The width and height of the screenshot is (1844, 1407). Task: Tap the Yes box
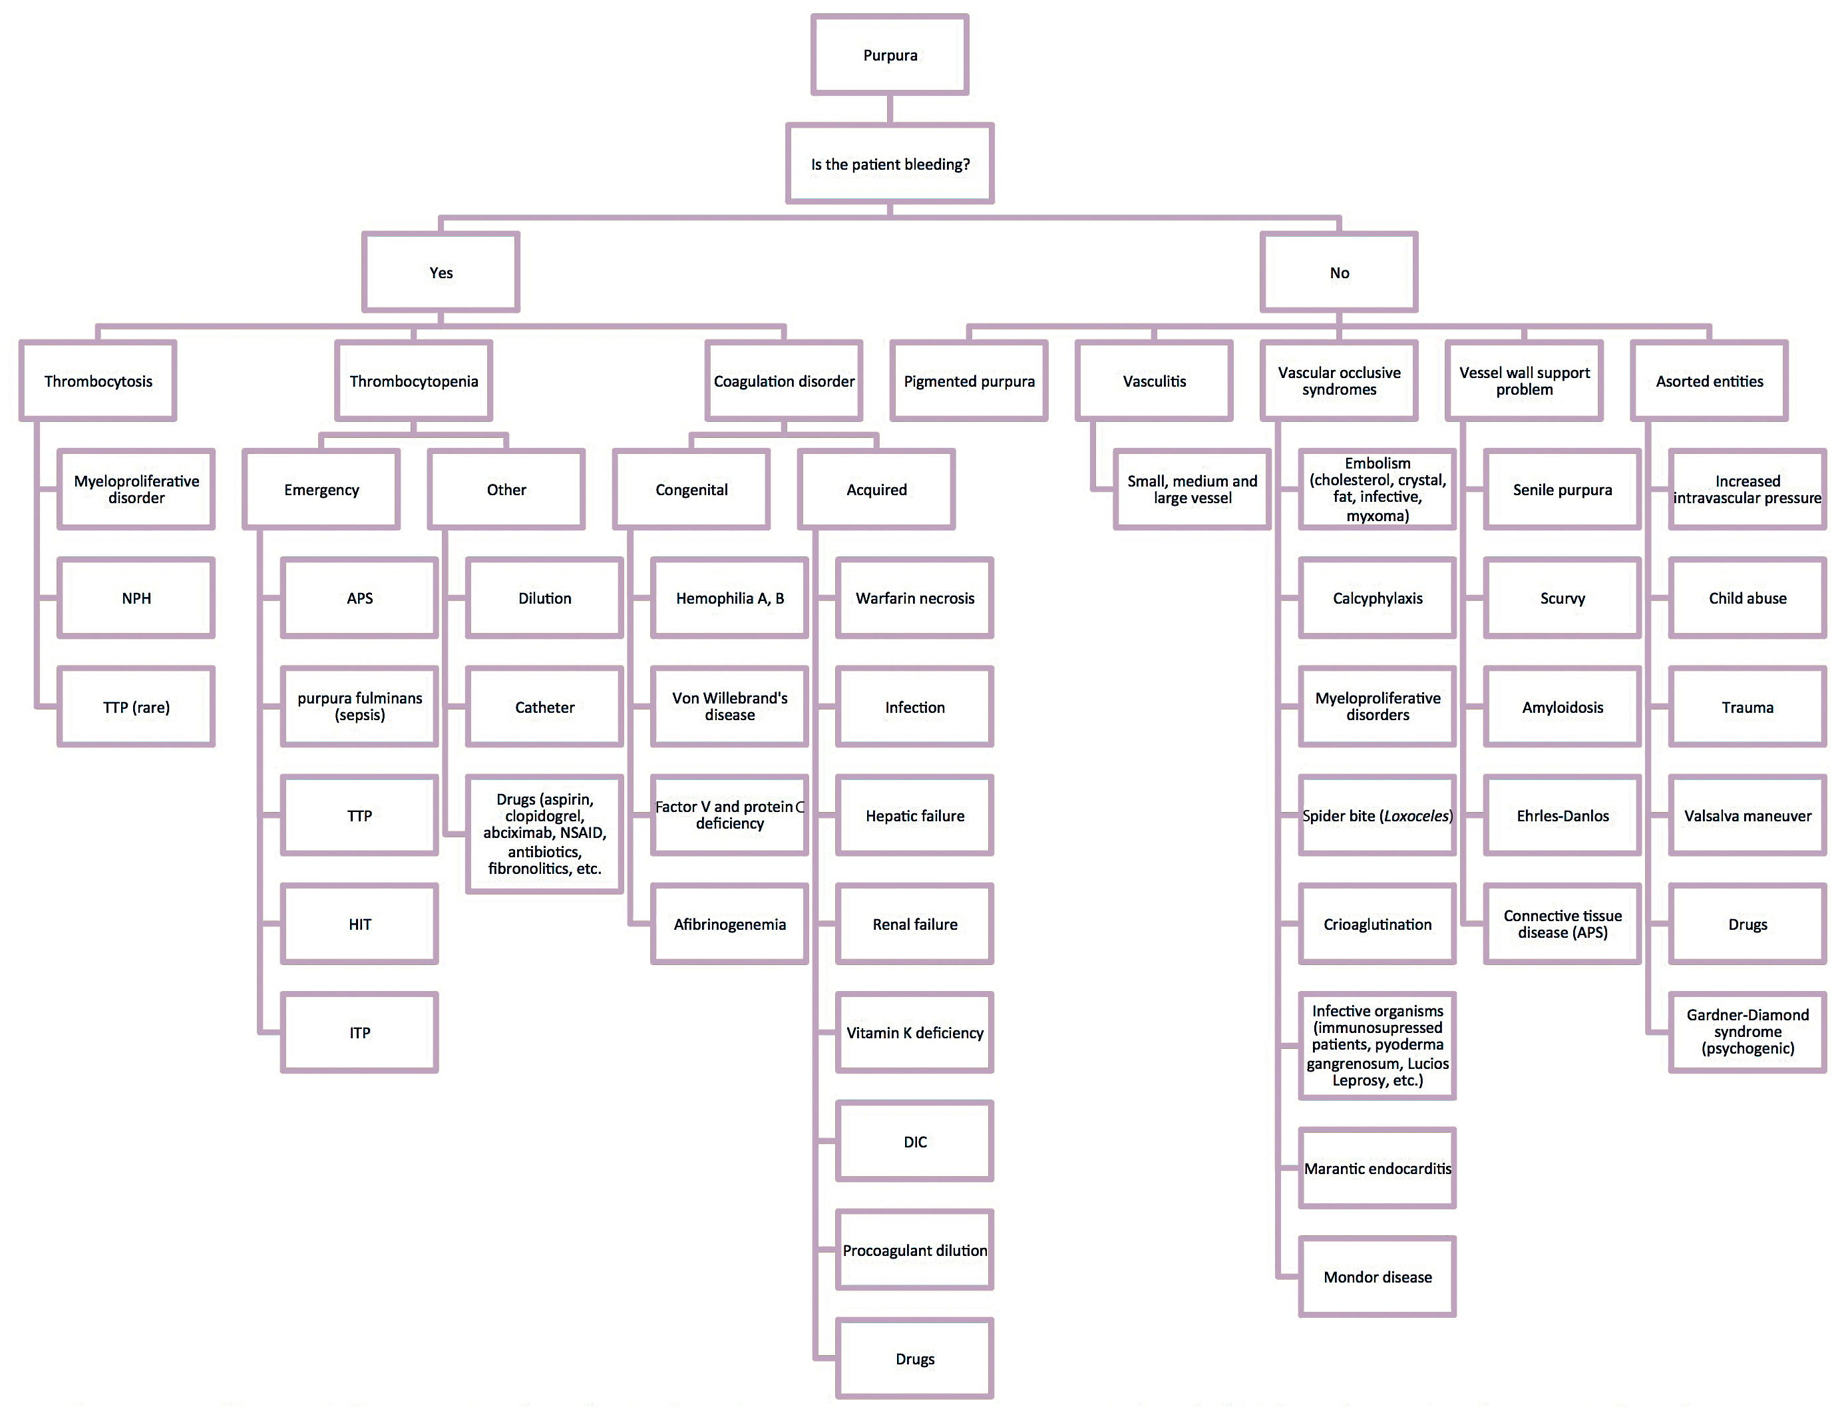(441, 273)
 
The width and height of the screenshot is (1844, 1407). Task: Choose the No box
(1338, 273)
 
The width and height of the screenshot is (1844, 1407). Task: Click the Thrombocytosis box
(98, 381)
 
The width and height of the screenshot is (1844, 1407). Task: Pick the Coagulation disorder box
(783, 381)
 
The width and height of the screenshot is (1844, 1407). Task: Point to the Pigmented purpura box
(969, 381)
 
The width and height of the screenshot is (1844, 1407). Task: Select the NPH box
(136, 598)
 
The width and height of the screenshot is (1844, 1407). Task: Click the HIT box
(359, 924)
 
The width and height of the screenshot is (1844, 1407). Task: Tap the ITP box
(359, 1033)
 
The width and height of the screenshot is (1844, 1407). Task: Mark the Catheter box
(544, 707)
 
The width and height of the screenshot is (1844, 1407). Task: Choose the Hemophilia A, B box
(729, 598)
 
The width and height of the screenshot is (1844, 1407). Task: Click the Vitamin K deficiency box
(914, 1033)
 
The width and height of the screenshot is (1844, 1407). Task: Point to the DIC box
(914, 1141)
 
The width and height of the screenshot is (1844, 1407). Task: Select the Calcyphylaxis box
(1377, 598)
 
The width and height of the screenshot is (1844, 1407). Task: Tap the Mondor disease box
(1377, 1277)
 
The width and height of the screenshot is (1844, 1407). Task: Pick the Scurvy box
(1562, 598)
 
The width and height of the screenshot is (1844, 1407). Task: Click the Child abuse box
(1747, 598)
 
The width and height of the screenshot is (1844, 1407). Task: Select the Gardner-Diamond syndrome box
(1747, 1032)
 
